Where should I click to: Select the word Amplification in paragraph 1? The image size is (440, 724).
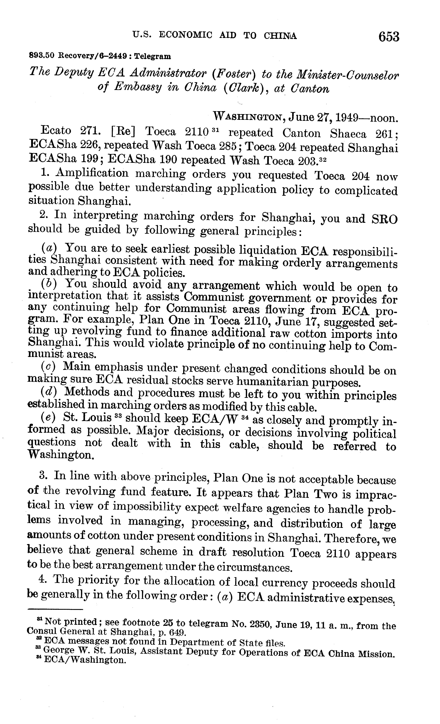point(92,173)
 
